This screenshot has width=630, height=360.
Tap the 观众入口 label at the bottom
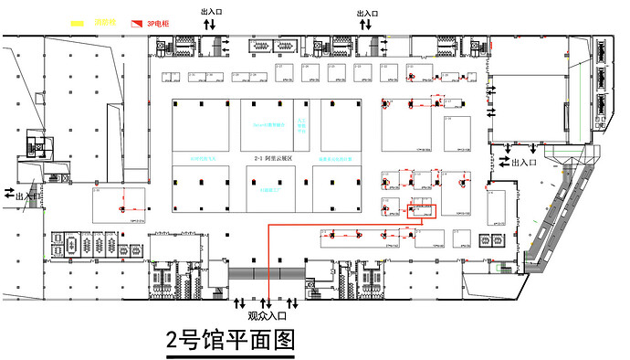pyautogui.click(x=268, y=315)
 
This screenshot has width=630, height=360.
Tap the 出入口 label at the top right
pyautogui.click(x=367, y=14)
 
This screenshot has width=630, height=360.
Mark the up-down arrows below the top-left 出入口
pyautogui.click(x=209, y=25)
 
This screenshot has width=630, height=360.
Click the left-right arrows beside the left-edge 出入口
pyautogui.click(x=9, y=193)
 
